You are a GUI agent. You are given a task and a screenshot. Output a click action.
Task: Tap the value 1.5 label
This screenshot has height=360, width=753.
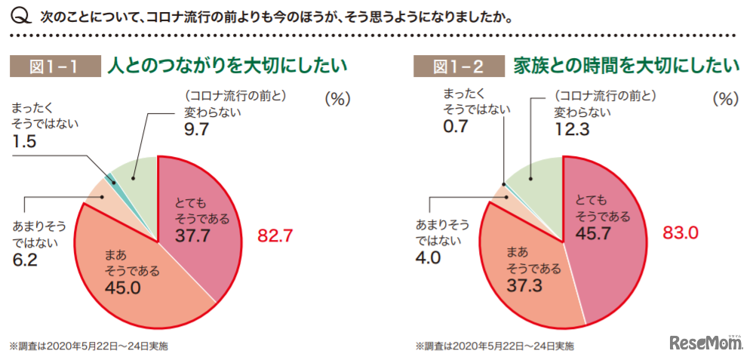point(26,141)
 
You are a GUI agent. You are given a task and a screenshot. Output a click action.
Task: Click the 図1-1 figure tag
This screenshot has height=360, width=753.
point(54,66)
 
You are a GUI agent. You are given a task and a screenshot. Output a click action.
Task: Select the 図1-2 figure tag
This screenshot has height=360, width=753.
point(459,66)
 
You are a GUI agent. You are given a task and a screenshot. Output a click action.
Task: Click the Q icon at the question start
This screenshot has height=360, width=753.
point(22,15)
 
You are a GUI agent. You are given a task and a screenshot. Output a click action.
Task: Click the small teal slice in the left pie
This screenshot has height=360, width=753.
point(110,179)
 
